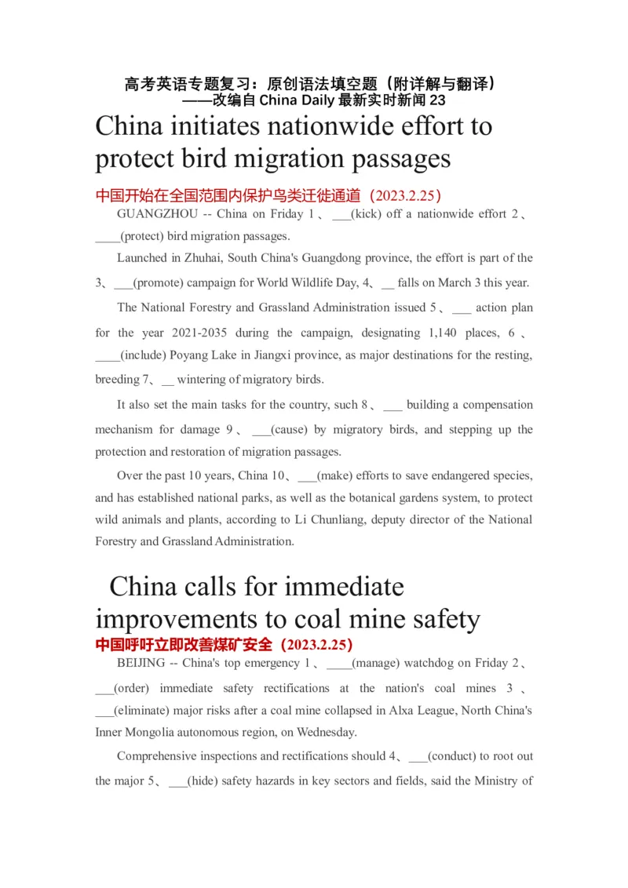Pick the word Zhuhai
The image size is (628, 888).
[x=203, y=258]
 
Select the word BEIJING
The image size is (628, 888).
[x=141, y=663]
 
